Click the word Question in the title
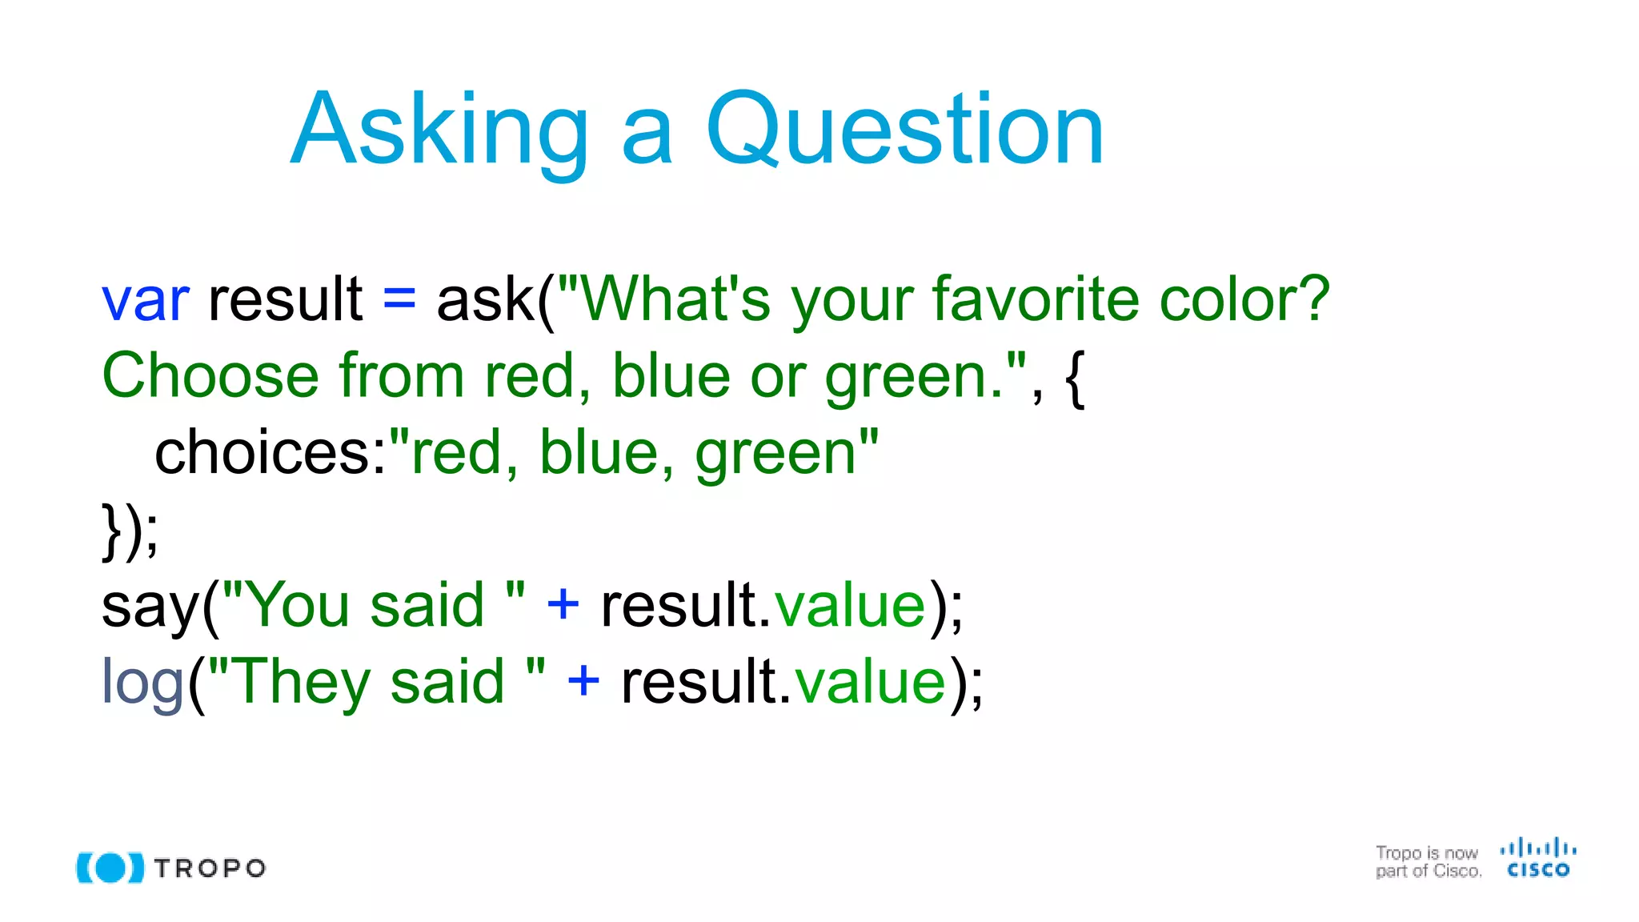904,130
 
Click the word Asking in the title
439,130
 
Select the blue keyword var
146,300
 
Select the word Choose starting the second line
210,376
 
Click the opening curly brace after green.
1076,378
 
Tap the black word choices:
270,453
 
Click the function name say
150,607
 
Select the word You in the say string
299,605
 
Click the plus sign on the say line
563,605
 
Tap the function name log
142,683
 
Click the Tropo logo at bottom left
170,868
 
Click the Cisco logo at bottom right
1537,859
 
